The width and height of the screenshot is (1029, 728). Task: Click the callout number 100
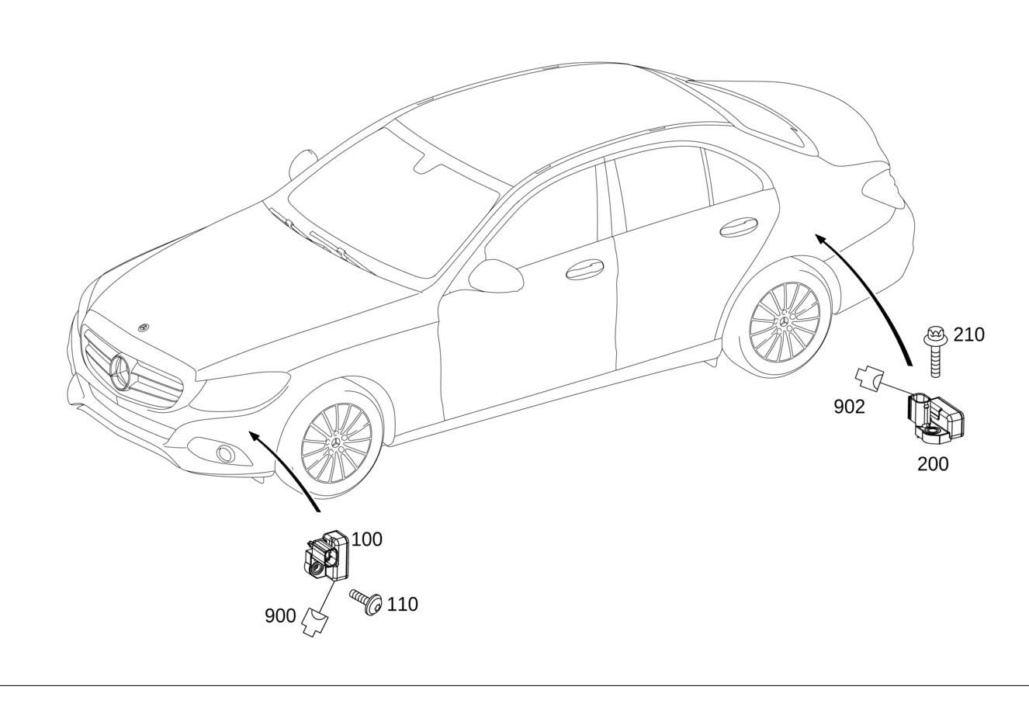[366, 539]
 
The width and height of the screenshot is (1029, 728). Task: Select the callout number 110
[403, 604]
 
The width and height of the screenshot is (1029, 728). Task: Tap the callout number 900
[280, 615]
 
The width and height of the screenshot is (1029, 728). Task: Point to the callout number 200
[933, 464]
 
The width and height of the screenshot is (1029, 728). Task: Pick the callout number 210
[969, 335]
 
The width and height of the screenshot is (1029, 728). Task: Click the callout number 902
[850, 407]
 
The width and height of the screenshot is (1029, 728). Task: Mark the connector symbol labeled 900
[315, 622]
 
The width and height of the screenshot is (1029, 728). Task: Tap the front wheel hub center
[336, 442]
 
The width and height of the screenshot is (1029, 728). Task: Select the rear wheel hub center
[785, 321]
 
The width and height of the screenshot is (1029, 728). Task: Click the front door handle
[584, 269]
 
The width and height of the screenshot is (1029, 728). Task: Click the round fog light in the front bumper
[226, 454]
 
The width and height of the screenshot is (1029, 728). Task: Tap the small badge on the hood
[144, 327]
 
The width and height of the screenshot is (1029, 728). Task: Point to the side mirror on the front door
[496, 276]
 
